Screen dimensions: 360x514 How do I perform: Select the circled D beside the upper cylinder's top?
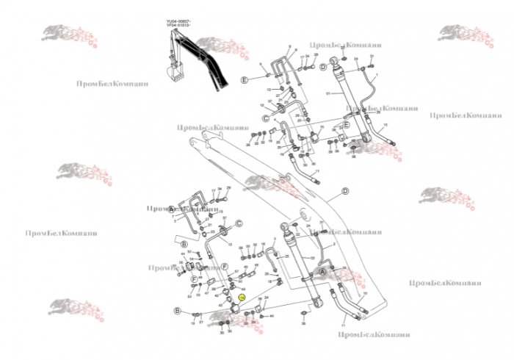pyautogui.click(x=322, y=67)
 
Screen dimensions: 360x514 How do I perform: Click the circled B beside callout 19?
pyautogui.click(x=177, y=312)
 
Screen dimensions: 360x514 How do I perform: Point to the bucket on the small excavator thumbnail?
pyautogui.click(x=176, y=73)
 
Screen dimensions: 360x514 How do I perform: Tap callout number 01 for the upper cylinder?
pyautogui.click(x=329, y=93)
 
